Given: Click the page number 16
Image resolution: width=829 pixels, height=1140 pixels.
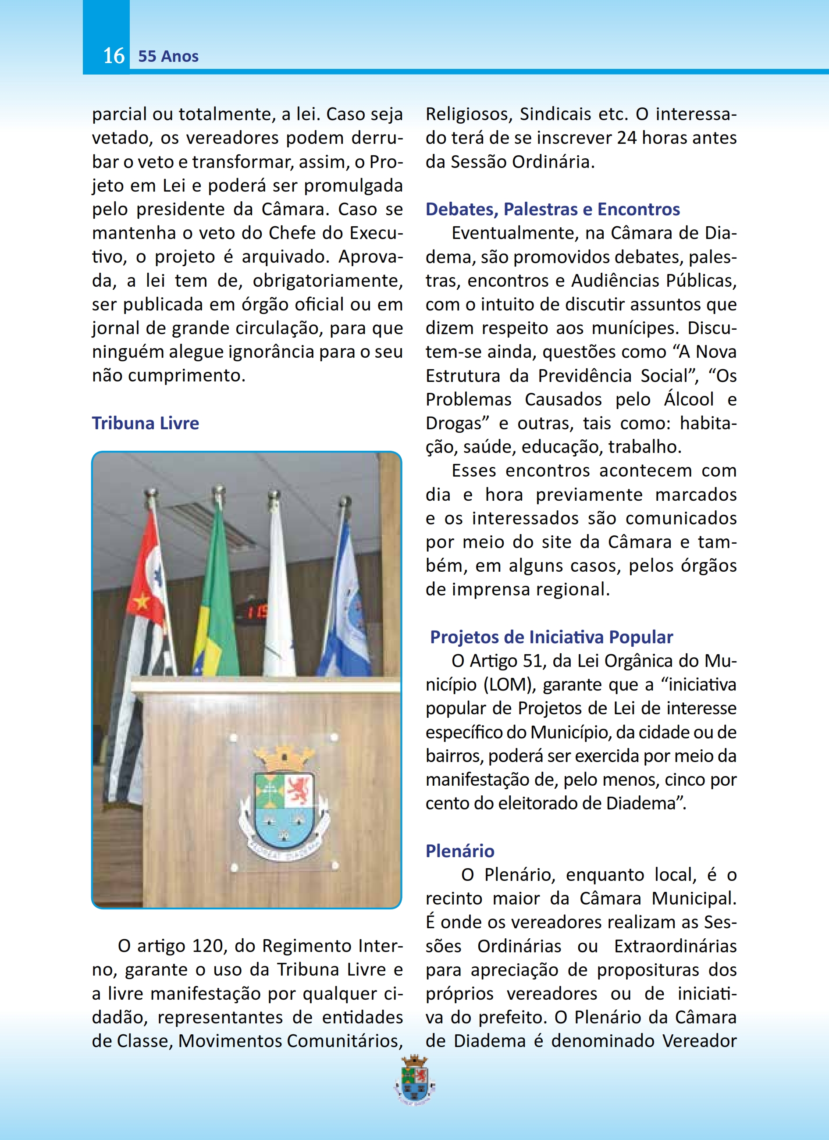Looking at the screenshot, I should (114, 56).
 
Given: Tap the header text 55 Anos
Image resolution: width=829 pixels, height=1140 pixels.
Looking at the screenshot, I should (168, 56).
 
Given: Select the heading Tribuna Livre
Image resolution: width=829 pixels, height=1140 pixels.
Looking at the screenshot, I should (145, 423).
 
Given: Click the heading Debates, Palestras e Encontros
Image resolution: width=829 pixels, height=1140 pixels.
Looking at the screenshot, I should (552, 209).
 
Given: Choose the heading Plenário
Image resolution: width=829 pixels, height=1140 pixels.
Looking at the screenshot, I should (460, 851).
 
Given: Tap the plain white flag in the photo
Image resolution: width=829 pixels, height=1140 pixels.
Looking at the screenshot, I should (278, 603).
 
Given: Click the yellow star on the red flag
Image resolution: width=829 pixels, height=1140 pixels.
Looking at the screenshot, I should (142, 601).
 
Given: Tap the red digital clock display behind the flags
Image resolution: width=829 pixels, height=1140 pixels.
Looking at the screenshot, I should (254, 611).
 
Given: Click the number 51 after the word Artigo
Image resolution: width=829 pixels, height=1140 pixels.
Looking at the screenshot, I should (533, 661).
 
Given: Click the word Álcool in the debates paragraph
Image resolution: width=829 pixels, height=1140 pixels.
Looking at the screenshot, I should (688, 399).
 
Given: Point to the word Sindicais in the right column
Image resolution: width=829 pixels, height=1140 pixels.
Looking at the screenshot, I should (555, 114).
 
